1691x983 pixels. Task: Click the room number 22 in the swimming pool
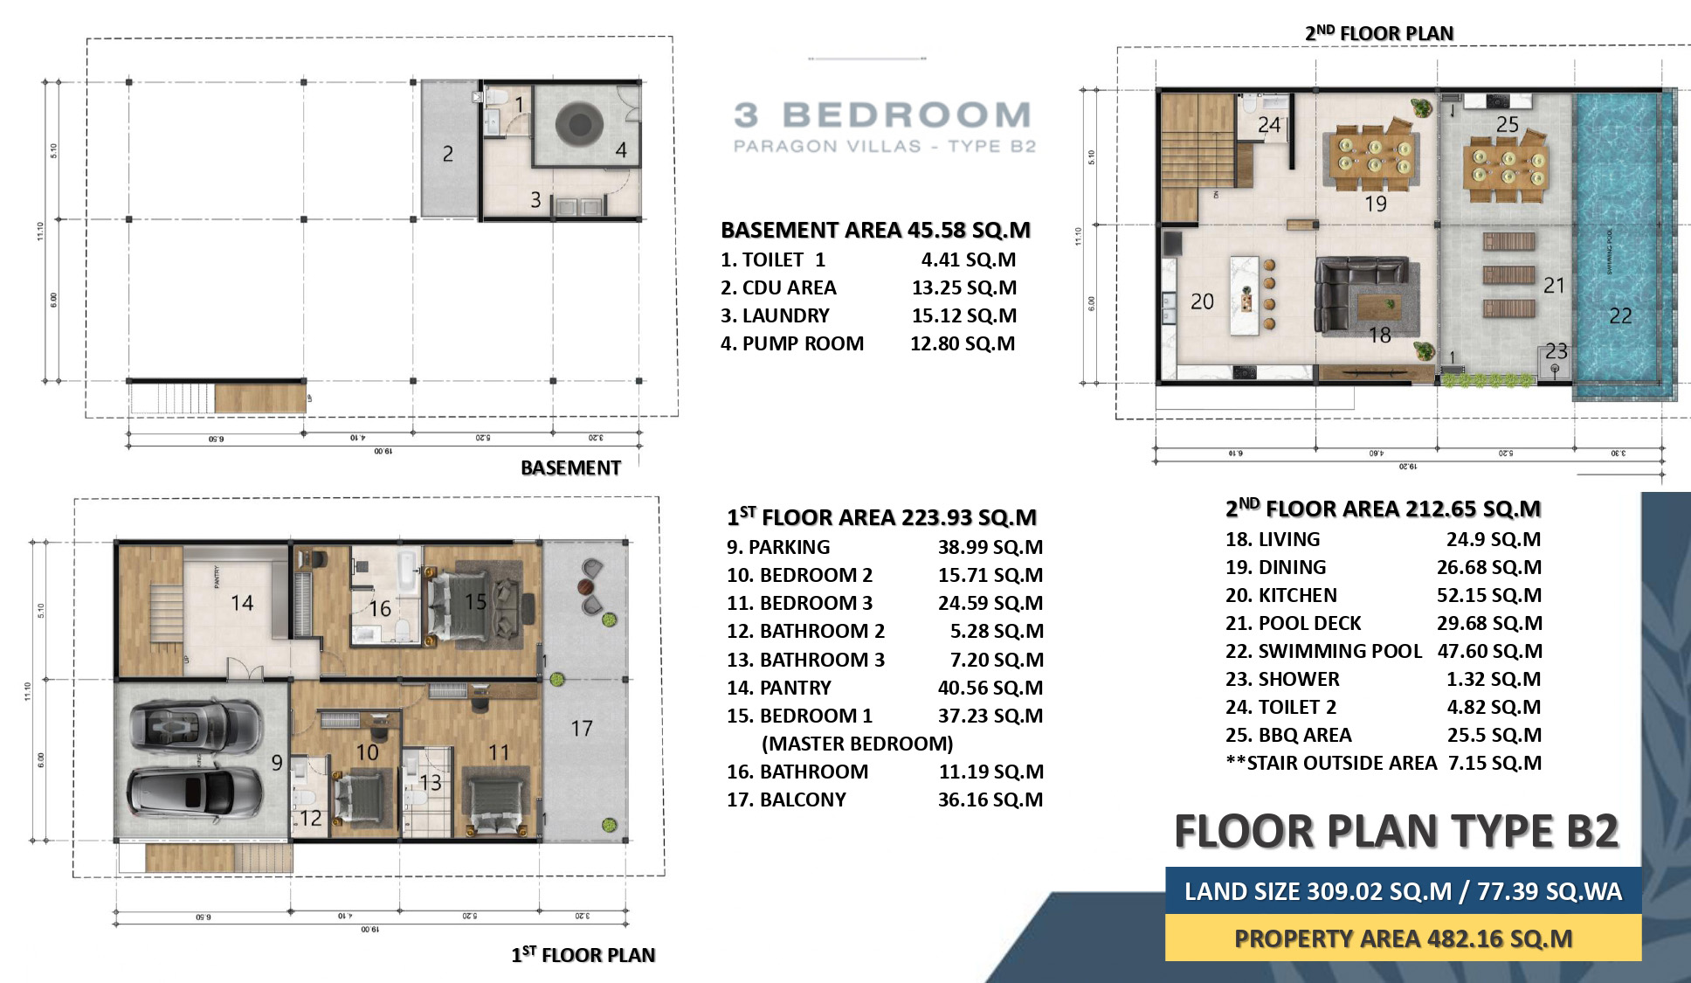click(1619, 316)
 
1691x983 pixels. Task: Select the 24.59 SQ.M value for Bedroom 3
click(990, 603)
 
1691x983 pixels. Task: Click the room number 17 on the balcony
click(582, 728)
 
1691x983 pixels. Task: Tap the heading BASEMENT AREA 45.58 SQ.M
click(875, 230)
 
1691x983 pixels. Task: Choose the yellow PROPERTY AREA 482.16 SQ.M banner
click(1403, 938)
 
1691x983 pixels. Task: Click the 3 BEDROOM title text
click(882, 115)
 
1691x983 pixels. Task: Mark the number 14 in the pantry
click(242, 602)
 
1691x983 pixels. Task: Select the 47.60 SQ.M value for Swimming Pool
click(1489, 651)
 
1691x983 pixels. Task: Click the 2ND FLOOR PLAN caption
click(1378, 33)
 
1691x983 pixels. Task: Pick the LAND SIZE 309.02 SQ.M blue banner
click(1403, 891)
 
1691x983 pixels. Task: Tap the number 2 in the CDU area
click(447, 155)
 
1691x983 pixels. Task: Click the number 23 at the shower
click(1556, 351)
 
